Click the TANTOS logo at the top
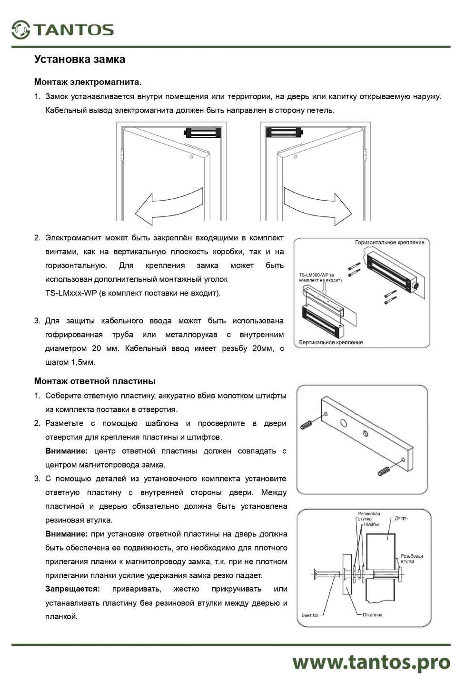[x=63, y=30]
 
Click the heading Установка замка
[x=79, y=60]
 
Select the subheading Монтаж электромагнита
[x=88, y=82]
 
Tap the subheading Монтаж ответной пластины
[x=95, y=381]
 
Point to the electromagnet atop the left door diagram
[x=203, y=132]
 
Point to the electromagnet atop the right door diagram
[x=284, y=132]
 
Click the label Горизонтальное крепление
[x=389, y=243]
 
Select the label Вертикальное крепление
[x=331, y=342]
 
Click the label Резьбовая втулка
[x=411, y=558]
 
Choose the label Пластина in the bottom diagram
[x=372, y=615]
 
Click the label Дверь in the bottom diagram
[x=401, y=518]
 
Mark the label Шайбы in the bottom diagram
[x=371, y=524]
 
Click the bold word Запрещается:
[x=72, y=589]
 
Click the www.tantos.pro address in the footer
[x=371, y=662]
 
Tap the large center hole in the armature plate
[x=343, y=422]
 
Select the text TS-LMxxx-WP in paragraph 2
[x=71, y=293]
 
